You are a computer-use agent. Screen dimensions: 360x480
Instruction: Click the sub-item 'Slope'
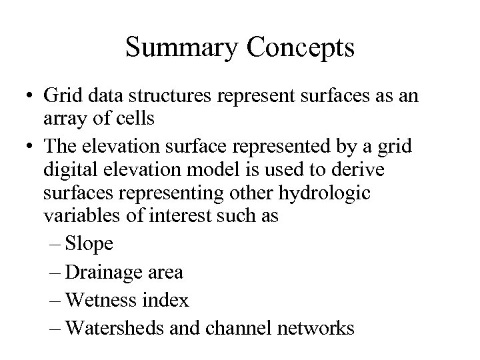(91, 245)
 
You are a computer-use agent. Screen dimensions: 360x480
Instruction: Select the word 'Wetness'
(103, 301)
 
